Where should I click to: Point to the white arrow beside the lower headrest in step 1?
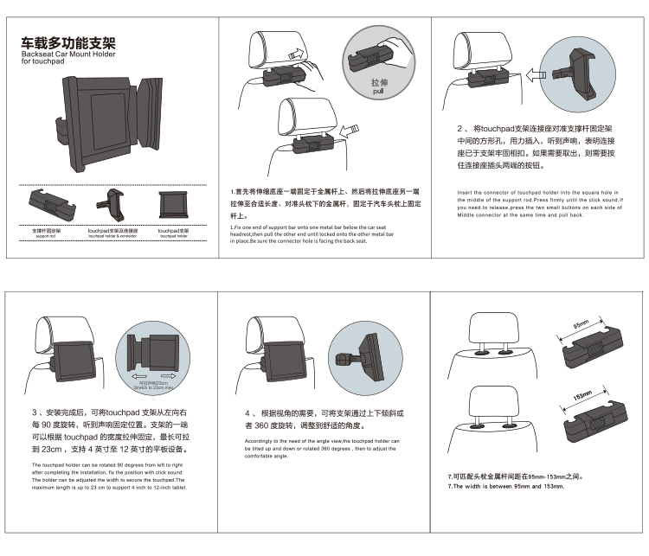349,131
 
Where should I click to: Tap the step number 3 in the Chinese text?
34,412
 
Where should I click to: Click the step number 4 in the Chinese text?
247,412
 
